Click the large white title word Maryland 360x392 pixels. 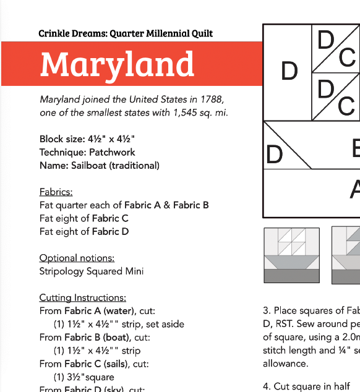[x=117, y=64]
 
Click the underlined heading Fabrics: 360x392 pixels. [x=56, y=192]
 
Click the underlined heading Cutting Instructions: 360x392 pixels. [x=82, y=298]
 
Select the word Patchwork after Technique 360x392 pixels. [x=111, y=152]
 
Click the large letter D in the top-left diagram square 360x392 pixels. [x=289, y=72]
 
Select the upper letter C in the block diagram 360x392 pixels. [x=347, y=58]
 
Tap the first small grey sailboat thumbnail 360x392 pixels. [x=291, y=256]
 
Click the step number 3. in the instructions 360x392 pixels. [x=267, y=310]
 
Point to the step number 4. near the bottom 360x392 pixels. [x=267, y=386]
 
